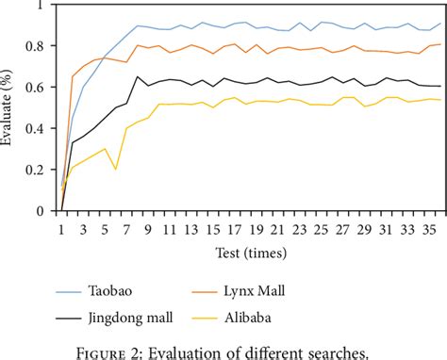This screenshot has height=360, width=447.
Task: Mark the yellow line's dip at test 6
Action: [x=116, y=170]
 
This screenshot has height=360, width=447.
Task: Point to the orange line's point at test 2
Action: [x=74, y=76]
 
